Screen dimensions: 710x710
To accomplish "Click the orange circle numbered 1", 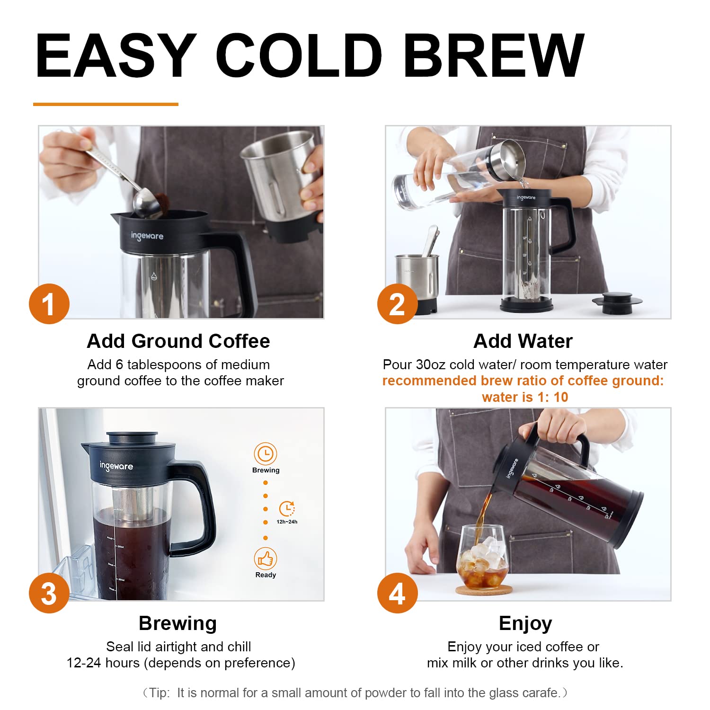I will [x=49, y=304].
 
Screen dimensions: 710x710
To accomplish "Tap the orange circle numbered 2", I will [x=397, y=304].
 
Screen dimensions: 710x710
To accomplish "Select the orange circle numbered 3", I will [x=49, y=594].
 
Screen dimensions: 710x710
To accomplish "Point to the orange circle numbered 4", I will [x=397, y=594].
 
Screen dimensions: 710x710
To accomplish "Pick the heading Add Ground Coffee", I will [x=178, y=341].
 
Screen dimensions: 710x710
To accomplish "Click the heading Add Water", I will [x=523, y=341].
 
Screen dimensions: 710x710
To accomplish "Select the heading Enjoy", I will [x=525, y=623].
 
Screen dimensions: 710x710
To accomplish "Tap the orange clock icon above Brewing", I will [x=266, y=454].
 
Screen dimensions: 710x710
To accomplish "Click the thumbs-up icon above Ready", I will [x=266, y=559].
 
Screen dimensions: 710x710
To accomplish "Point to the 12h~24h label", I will [x=287, y=522].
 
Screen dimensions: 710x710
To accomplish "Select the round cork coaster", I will [x=484, y=590].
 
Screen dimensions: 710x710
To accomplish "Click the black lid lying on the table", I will [x=616, y=302].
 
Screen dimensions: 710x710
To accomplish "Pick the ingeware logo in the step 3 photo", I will [x=116, y=466].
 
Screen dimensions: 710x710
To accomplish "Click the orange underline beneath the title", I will [x=106, y=104].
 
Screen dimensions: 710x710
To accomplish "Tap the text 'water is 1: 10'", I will [x=525, y=397].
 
